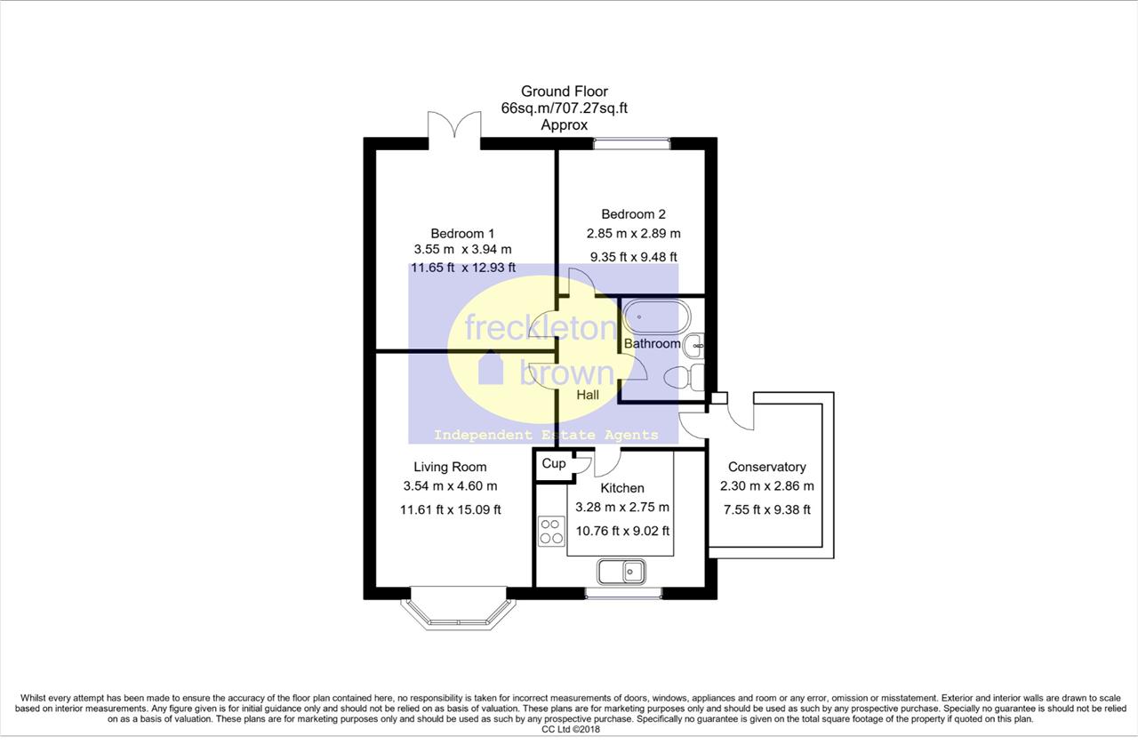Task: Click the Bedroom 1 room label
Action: click(x=462, y=234)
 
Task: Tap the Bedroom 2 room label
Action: click(x=633, y=214)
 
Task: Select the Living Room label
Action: click(x=450, y=467)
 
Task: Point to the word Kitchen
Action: click(x=622, y=488)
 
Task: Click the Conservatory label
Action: click(x=767, y=467)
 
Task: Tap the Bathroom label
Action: click(x=653, y=343)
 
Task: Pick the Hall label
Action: click(x=588, y=395)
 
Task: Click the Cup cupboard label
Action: click(x=554, y=463)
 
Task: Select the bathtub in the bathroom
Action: click(x=656, y=317)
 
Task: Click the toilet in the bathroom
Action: click(x=684, y=378)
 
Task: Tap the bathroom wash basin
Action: click(x=694, y=347)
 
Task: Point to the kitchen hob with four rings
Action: click(x=551, y=531)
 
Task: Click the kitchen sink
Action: click(x=621, y=572)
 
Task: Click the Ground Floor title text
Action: click(x=565, y=92)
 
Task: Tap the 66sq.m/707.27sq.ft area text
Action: click(x=565, y=108)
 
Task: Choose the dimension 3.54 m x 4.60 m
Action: click(x=450, y=486)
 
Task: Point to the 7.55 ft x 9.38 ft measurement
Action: click(x=767, y=509)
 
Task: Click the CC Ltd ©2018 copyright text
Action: click(x=571, y=730)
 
